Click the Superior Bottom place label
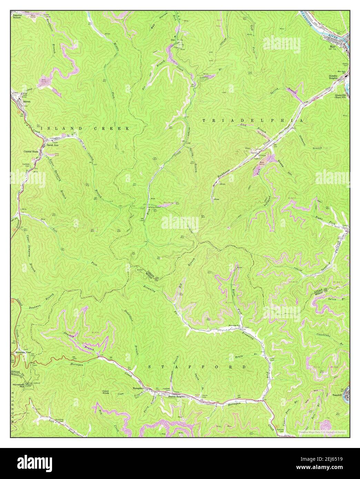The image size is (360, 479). (17, 16)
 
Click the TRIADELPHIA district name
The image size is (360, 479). (252, 121)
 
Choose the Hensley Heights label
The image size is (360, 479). (338, 77)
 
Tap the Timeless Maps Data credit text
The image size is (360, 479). (322, 432)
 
